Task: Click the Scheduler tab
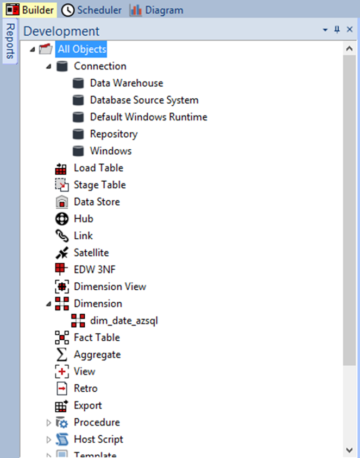tap(91, 10)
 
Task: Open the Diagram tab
tap(156, 10)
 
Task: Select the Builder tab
tap(30, 10)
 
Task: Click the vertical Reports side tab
tap(10, 41)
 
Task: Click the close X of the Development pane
tap(350, 29)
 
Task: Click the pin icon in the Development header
tap(337, 29)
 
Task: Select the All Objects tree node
tap(81, 49)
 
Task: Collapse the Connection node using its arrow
tap(48, 67)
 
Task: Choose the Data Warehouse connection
tap(127, 83)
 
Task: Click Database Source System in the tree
tap(144, 100)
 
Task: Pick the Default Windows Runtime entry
tap(149, 117)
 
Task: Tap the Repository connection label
tap(113, 134)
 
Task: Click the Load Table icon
tap(61, 169)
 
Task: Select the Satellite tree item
tap(91, 253)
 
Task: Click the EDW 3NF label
tap(94, 270)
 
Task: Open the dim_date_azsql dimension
tap(124, 321)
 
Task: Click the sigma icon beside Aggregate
tap(61, 354)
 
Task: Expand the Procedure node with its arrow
tap(48, 423)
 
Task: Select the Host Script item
tap(98, 440)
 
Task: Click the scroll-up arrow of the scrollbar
tap(349, 48)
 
